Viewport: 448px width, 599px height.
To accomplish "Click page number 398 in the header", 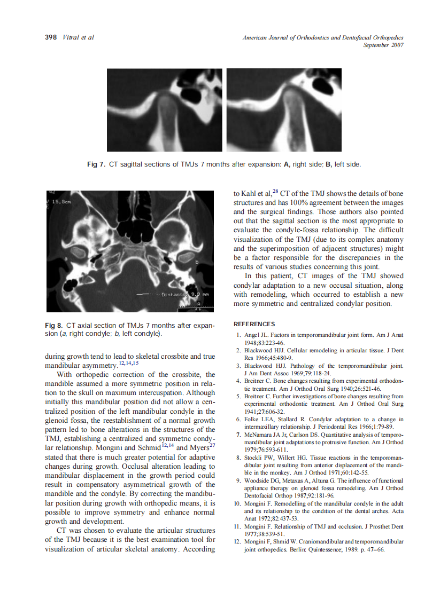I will tap(50, 37).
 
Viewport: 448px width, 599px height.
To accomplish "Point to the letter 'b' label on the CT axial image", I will tap(196, 262).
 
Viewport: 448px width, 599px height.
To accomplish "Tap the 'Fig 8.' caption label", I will tap(54, 325).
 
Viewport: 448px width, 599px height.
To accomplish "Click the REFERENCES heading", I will tap(254, 324).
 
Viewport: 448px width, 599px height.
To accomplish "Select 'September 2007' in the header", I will tap(383, 45).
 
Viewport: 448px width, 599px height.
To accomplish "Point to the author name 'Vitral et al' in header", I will tap(79, 37).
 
